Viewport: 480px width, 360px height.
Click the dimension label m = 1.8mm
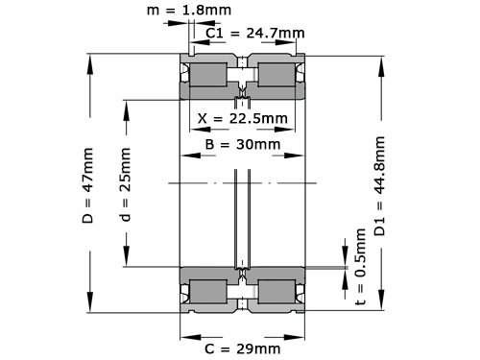[x=189, y=11]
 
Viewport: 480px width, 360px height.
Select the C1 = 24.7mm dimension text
[x=254, y=33]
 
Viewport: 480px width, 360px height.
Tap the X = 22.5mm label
[x=243, y=118]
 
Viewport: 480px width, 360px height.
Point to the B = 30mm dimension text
[x=243, y=144]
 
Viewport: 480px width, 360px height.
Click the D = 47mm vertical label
[x=87, y=185]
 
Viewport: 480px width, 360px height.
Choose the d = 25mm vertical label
[x=125, y=184]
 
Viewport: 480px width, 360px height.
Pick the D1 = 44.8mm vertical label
[x=379, y=186]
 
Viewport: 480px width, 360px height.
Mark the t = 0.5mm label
[x=360, y=267]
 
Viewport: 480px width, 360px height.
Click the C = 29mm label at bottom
[x=243, y=348]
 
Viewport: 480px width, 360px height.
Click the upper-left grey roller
[x=208, y=75]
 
